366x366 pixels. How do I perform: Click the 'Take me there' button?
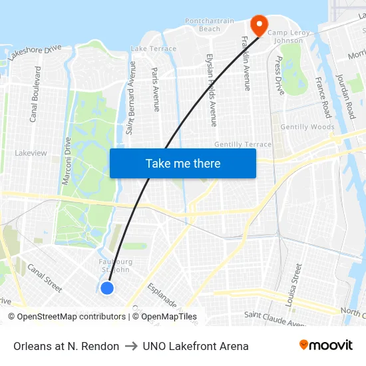pos(183,163)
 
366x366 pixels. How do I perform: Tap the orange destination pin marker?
pos(258,25)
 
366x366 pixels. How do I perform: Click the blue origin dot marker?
pos(106,287)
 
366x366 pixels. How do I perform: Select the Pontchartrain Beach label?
pos(210,25)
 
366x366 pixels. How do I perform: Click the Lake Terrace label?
pos(154,49)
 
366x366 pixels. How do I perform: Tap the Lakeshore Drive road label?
pos(35,53)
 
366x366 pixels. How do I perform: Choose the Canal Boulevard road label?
pos(34,94)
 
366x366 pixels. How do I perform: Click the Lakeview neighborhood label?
pos(31,153)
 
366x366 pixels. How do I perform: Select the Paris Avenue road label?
pos(156,89)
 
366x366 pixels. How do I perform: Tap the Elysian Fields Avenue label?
pos(211,90)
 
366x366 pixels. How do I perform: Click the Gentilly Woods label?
pos(307,127)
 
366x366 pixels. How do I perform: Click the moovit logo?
pos(326,345)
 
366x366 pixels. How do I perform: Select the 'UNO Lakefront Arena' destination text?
pos(196,346)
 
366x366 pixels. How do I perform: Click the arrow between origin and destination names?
pos(131,346)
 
